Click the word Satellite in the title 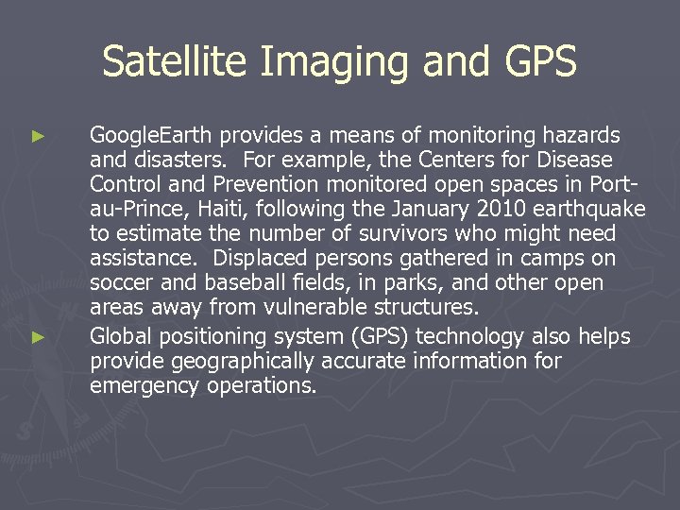point(175,62)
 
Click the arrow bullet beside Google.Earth point(38,137)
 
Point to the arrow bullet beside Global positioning point(38,336)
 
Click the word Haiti point(224,209)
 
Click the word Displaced point(259,258)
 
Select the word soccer point(121,282)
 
